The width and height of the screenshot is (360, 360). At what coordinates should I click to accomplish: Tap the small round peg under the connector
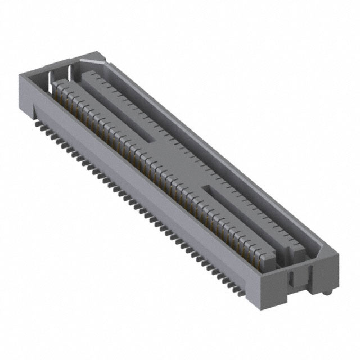pyautogui.click(x=328, y=293)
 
